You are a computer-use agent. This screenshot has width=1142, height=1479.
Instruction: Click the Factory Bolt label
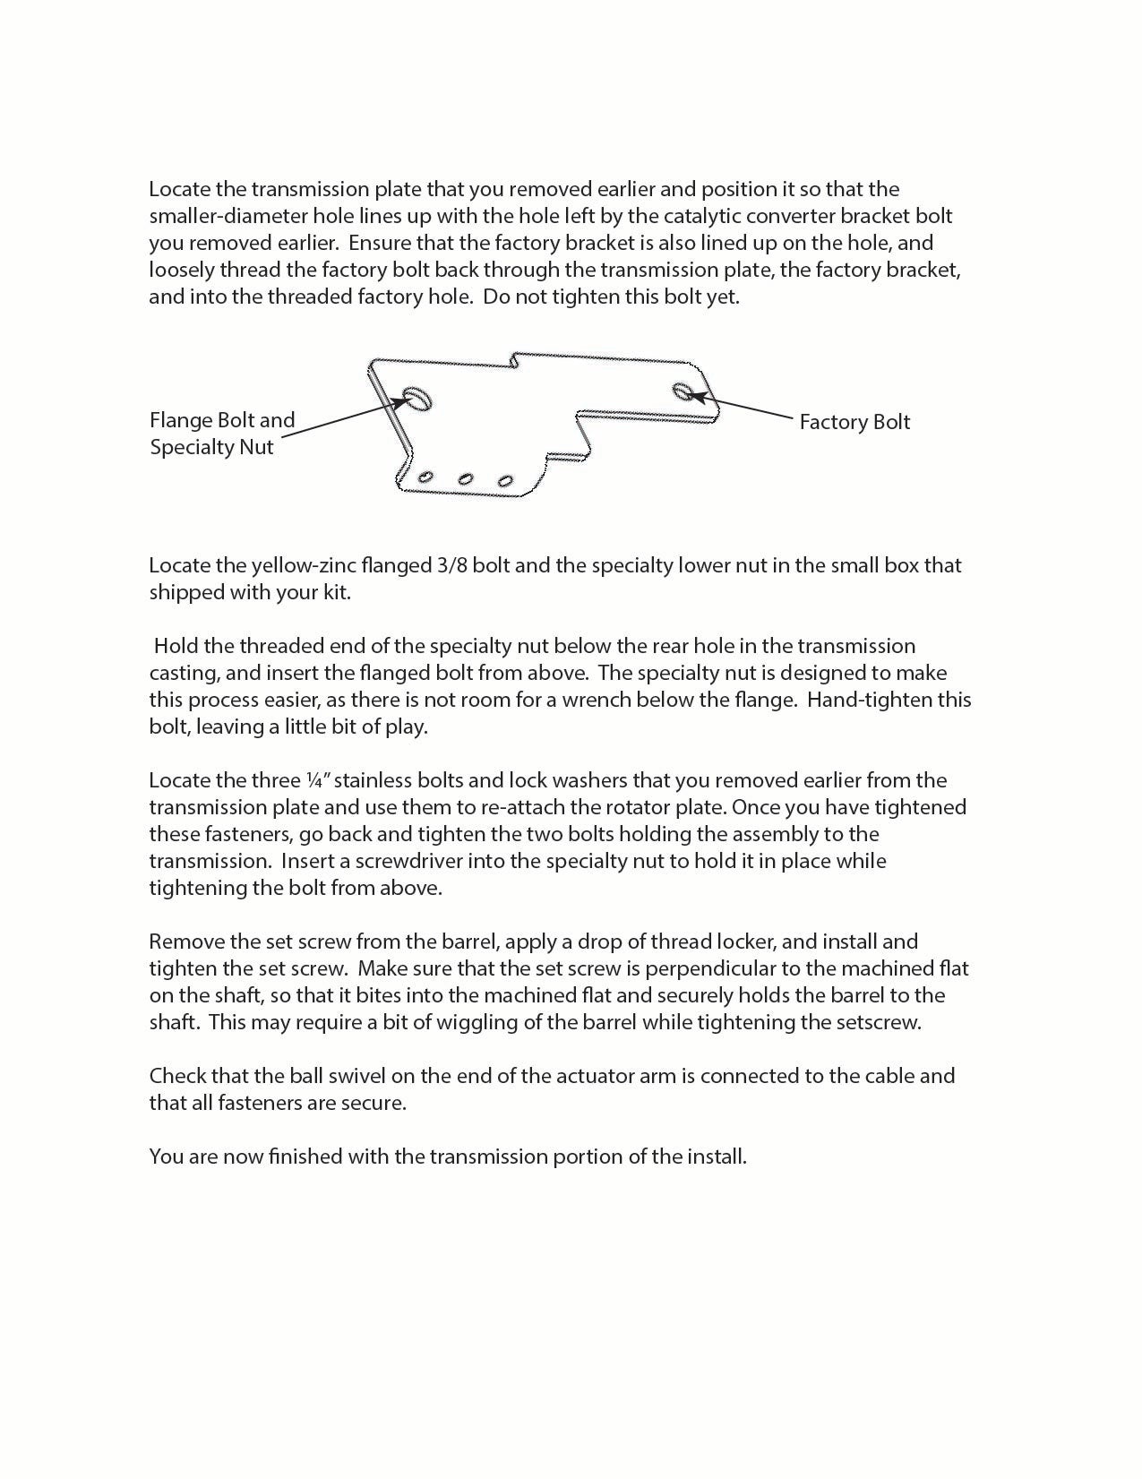[854, 422]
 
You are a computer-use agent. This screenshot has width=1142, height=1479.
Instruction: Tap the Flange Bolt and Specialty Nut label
[221, 434]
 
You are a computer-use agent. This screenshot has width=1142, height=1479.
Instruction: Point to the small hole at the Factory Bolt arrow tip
[683, 390]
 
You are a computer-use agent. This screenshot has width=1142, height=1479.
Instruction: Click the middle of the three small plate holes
[466, 479]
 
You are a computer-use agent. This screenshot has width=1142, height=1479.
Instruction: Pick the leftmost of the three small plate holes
[426, 477]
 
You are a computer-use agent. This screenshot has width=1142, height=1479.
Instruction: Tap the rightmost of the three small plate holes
[505, 482]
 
